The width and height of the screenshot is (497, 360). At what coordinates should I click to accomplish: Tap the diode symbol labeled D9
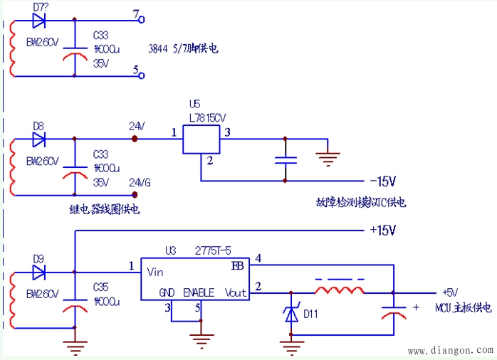click(x=38, y=271)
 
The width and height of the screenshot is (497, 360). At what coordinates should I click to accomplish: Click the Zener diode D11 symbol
click(x=291, y=314)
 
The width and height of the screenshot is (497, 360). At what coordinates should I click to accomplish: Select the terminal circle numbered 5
click(x=141, y=75)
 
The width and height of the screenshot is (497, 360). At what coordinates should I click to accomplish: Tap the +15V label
click(x=382, y=231)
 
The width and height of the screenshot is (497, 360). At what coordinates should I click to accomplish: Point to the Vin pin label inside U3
click(x=155, y=271)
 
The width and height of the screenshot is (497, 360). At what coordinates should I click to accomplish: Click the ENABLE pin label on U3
click(x=199, y=292)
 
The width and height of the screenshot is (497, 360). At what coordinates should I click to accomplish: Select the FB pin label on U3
click(x=238, y=266)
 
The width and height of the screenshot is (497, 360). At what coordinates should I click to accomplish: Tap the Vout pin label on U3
click(x=234, y=292)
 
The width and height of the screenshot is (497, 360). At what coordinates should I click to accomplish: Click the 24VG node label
click(x=140, y=182)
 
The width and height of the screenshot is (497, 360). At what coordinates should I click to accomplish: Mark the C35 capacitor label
click(x=102, y=286)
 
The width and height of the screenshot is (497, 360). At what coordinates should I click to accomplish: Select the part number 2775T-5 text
click(x=213, y=250)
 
